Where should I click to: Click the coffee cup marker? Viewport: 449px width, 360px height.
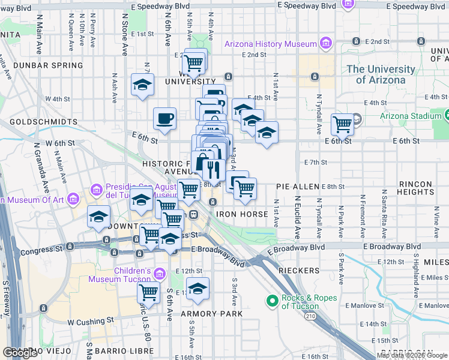click(x=164, y=118)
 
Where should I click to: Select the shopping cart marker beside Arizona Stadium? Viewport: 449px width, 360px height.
click(x=342, y=125)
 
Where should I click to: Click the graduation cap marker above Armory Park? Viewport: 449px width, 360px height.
click(x=197, y=289)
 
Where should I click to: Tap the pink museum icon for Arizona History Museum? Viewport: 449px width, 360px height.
click(x=325, y=43)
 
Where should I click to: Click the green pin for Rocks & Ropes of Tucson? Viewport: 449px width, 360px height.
click(x=271, y=300)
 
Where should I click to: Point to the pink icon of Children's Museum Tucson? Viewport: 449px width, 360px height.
click(x=160, y=274)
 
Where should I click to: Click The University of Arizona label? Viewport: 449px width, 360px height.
click(x=380, y=74)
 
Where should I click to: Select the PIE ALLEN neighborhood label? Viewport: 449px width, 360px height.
click(x=297, y=187)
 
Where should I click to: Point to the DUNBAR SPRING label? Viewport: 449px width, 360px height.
click(x=41, y=65)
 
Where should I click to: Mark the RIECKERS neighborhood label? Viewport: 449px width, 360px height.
click(x=299, y=271)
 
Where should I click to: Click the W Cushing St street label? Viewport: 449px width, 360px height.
click(x=90, y=322)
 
